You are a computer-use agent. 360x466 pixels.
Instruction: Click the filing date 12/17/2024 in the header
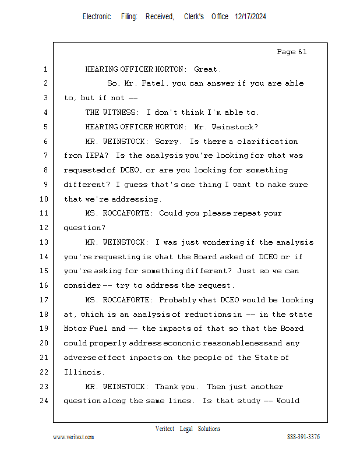point(250,17)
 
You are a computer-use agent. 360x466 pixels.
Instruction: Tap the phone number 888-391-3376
point(303,437)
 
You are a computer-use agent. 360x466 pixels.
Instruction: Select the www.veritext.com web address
point(73,437)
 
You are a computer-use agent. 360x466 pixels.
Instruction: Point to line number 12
point(44,228)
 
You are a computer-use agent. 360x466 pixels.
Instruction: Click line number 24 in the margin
point(44,401)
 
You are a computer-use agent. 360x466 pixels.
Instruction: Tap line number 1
point(45,69)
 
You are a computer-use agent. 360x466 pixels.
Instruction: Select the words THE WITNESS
point(112,112)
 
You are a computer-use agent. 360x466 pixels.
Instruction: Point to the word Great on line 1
point(207,69)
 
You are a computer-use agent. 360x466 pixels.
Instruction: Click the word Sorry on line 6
point(168,142)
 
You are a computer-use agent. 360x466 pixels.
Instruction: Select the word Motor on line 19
point(75,329)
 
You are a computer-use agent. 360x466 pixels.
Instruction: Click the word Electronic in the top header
point(97,17)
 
